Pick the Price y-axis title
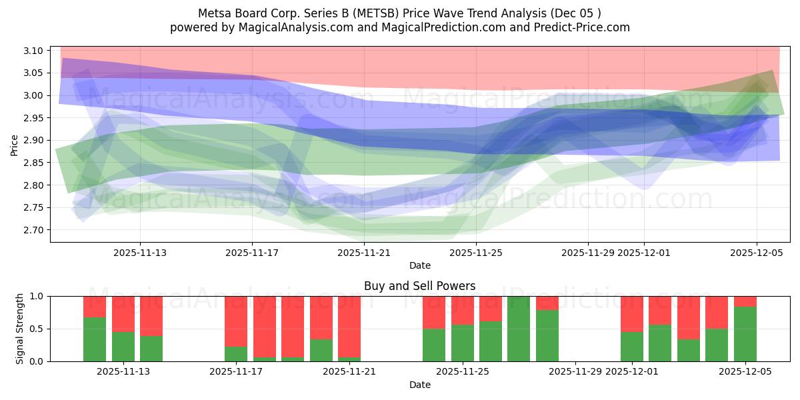point(15,145)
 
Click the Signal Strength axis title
point(20,328)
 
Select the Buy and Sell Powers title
point(419,286)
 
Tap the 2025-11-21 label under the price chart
point(364,253)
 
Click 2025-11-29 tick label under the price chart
point(588,253)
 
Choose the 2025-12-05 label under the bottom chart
point(745,371)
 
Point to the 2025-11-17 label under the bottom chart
point(236,371)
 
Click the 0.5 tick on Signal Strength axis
point(37,329)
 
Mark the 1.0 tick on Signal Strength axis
point(37,296)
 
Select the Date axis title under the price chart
point(419,265)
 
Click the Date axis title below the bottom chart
point(419,385)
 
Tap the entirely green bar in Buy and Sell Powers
point(519,329)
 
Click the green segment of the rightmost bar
point(745,333)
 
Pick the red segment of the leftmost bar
point(95,306)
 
